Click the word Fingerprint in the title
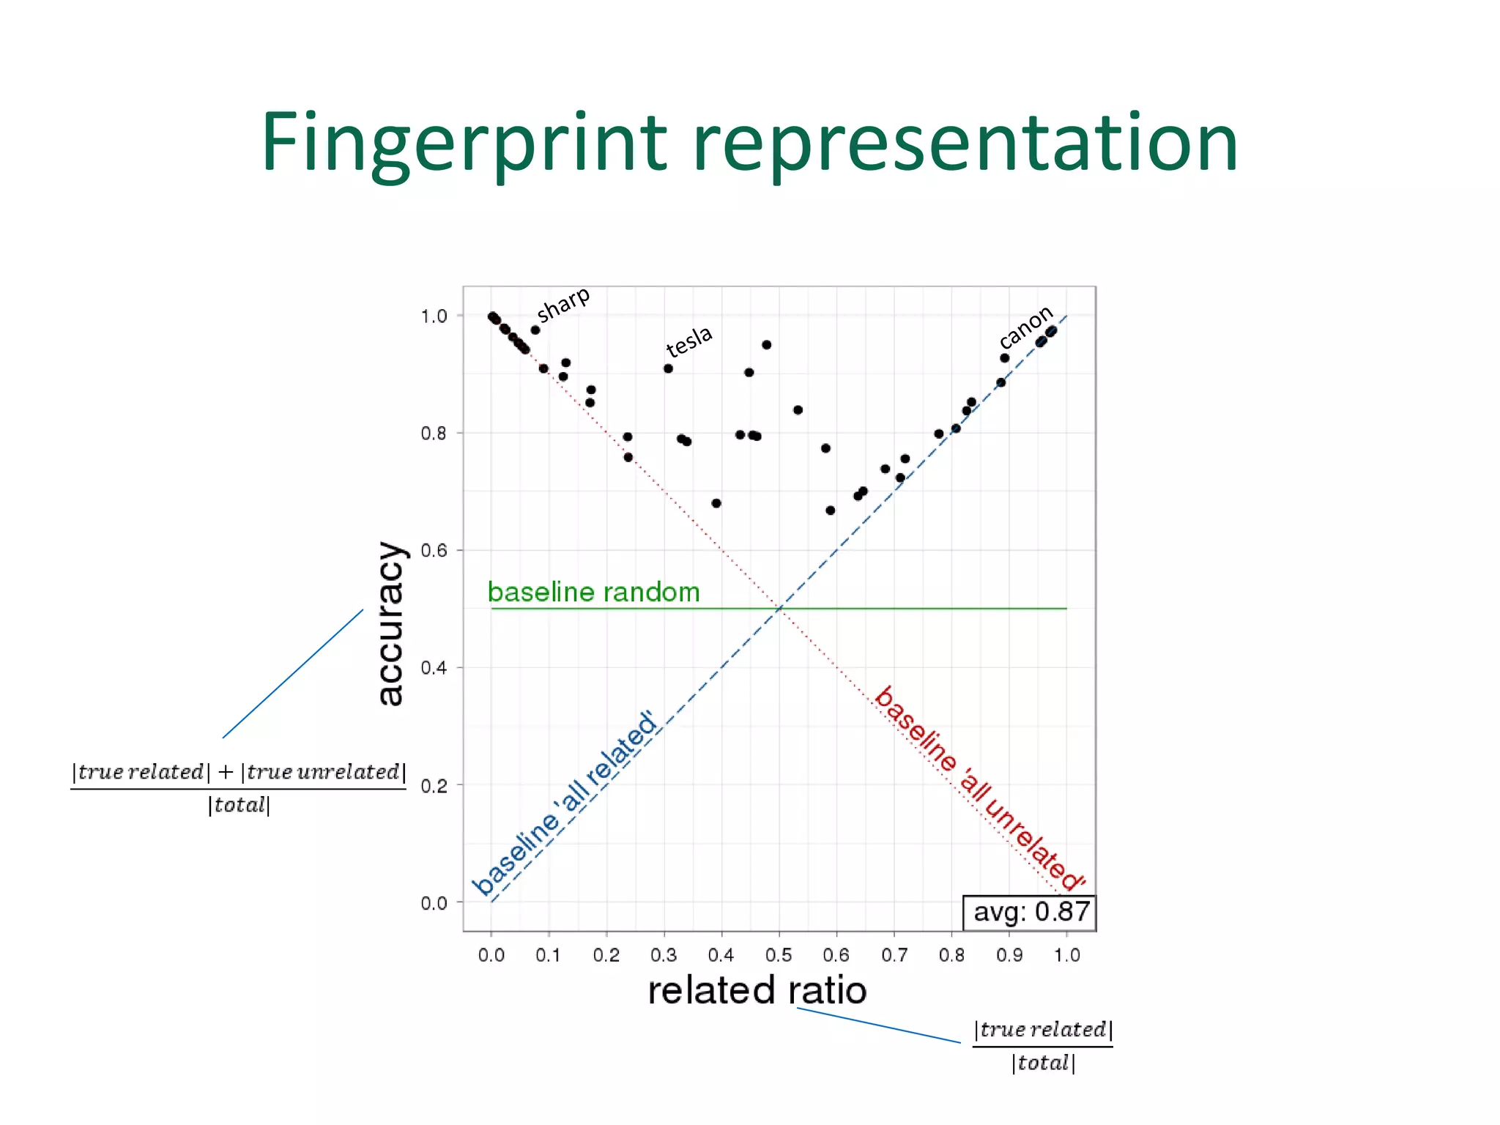[464, 143]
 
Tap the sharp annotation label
[562, 303]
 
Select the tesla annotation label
[688, 340]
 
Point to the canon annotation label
[1025, 327]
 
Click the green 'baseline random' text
[593, 592]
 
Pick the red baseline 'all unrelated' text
[979, 790]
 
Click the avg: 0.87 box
[1029, 913]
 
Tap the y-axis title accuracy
[390, 623]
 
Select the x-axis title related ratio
[757, 990]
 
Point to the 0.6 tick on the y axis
[434, 551]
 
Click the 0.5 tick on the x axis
[779, 955]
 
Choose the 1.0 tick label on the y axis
[434, 316]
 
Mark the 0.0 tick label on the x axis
[491, 955]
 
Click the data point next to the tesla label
[668, 368]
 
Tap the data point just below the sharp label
[535, 330]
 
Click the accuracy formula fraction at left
[239, 788]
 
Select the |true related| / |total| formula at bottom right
[1043, 1046]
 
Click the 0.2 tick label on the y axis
[434, 786]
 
